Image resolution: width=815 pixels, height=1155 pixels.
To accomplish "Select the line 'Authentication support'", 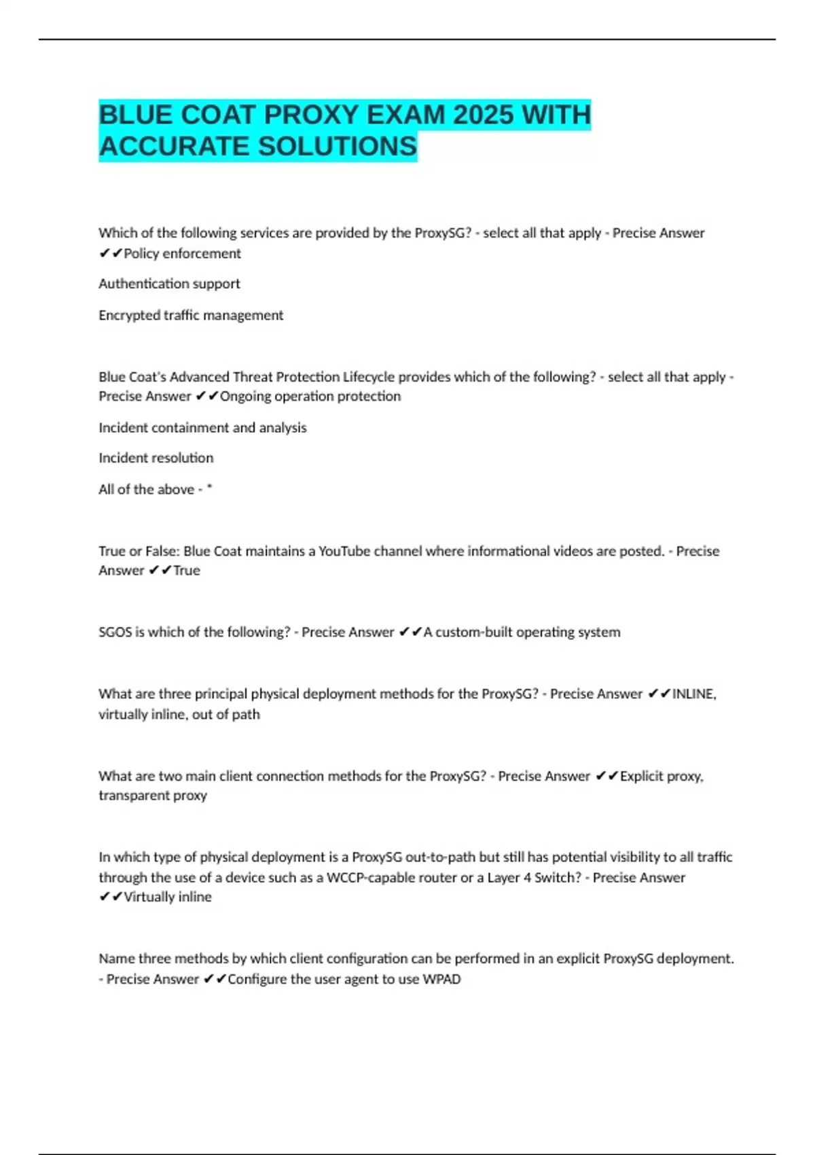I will (x=169, y=284).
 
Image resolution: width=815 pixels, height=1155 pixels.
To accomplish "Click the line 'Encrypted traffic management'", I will (x=191, y=315).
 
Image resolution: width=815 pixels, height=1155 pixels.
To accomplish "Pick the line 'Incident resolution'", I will (x=156, y=458).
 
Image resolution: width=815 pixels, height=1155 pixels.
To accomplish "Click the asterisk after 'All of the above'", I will (x=209, y=488).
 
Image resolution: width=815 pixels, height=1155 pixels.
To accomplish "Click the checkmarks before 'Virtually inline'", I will (x=110, y=897).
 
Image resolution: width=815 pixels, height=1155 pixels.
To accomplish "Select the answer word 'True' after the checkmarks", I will (x=187, y=571).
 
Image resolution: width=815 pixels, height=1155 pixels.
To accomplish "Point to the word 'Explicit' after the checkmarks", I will (x=642, y=776).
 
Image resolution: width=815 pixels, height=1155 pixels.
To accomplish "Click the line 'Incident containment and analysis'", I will (x=202, y=428).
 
